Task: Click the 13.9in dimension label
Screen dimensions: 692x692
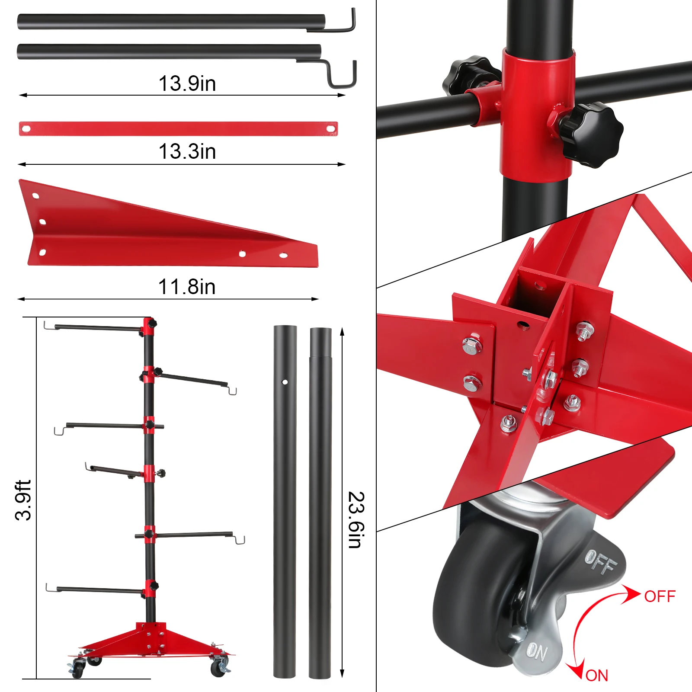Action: point(187,83)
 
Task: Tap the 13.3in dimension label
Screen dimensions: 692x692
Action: point(187,151)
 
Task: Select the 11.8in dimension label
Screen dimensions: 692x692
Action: point(187,286)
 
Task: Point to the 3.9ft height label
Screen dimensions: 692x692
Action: point(23,500)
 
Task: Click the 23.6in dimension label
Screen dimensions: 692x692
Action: point(356,520)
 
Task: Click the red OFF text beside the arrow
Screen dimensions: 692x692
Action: point(660,596)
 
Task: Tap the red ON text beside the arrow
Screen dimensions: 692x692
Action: point(597,676)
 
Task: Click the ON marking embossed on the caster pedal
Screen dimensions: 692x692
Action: point(537,651)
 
